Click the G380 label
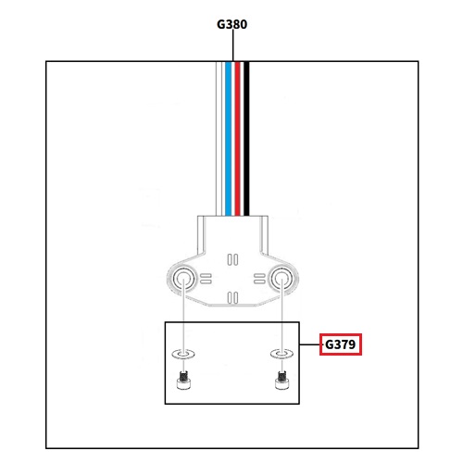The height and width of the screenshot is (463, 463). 231,24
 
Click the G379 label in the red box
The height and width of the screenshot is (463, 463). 340,344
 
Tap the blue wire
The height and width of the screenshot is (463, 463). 228,139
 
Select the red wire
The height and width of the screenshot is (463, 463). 237,139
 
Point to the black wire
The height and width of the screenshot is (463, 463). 246,139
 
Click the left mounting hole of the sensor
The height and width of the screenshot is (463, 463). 183,279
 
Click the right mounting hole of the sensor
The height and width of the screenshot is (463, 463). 282,279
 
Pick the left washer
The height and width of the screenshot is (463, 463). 183,354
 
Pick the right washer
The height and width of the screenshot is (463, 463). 282,354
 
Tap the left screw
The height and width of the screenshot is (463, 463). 183,381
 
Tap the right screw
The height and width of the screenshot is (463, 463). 282,381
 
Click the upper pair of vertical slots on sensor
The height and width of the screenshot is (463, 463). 232,259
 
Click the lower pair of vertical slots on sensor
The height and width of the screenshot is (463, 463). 232,298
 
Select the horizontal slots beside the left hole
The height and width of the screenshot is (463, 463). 206,279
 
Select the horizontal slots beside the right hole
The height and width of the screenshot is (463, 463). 259,279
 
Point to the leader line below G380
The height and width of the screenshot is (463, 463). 232,45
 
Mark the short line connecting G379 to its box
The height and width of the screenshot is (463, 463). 309,344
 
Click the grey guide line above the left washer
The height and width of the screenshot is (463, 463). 183,317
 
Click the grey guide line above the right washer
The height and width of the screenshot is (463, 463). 282,317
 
